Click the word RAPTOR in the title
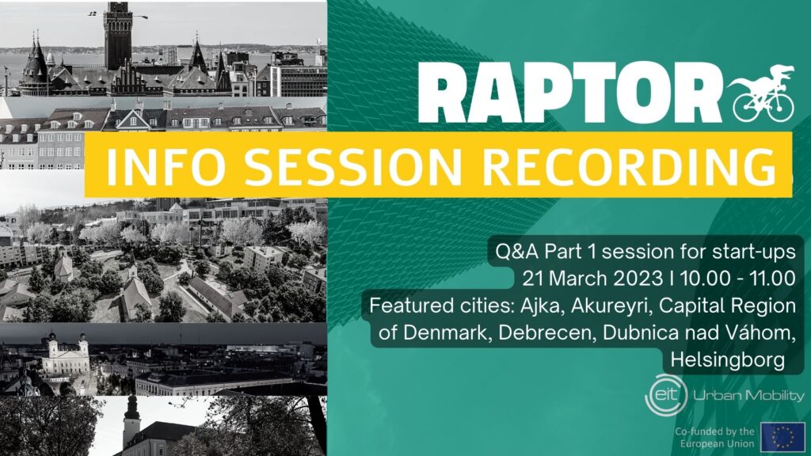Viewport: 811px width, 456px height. (x=569, y=93)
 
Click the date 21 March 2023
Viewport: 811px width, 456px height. (x=592, y=279)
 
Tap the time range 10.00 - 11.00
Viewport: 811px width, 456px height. (x=737, y=279)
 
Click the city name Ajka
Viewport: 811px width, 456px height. (x=540, y=306)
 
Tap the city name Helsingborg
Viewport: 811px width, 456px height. (x=728, y=360)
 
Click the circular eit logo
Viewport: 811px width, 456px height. (x=666, y=396)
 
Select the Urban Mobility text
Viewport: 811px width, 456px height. (x=749, y=396)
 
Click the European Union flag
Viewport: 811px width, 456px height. (x=782, y=436)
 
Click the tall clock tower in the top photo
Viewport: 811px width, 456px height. (x=118, y=36)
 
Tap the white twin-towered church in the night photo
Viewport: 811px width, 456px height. (x=66, y=353)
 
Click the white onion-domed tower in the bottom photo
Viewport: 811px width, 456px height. (x=131, y=422)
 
